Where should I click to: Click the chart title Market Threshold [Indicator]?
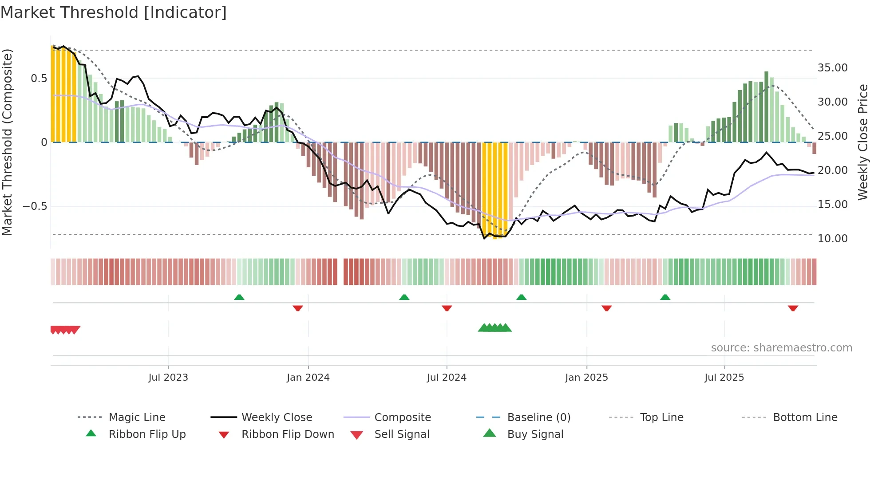point(114,12)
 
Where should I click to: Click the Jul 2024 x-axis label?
point(447,377)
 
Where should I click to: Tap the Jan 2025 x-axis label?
point(586,377)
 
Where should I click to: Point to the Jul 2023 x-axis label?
point(168,377)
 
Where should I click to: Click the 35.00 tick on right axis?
point(832,68)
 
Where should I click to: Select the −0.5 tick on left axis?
point(35,206)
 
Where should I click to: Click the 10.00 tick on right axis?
point(832,239)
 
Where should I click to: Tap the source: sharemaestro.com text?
point(781,347)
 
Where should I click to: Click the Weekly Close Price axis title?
point(862,142)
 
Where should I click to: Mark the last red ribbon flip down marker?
point(793,308)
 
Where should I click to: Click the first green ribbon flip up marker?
point(239,297)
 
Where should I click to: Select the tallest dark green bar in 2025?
point(766,106)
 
